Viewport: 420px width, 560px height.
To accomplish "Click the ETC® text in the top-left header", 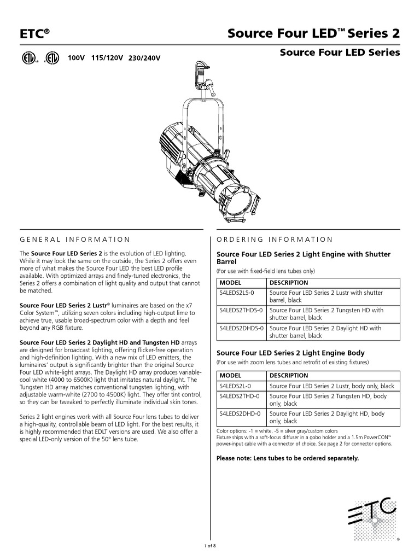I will (34, 34).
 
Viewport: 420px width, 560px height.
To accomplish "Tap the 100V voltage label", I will (77, 57).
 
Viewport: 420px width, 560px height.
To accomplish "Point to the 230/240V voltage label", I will (144, 57).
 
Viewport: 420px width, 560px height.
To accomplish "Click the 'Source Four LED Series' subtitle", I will (340, 53).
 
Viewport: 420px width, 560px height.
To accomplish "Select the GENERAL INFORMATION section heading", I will (74, 240).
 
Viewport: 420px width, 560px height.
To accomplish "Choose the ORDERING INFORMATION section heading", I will (275, 240).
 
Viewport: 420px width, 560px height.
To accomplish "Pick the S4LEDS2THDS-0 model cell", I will (241, 311).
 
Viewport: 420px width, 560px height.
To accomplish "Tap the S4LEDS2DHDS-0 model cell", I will (241, 329).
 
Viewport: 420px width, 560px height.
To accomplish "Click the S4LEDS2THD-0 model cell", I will (239, 396).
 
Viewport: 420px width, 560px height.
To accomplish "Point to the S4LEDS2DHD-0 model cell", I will (239, 414).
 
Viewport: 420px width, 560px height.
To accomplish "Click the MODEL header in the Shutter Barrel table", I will (230, 283).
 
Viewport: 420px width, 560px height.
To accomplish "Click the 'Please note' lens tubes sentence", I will (288, 458).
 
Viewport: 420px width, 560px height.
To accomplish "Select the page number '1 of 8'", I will (210, 546).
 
